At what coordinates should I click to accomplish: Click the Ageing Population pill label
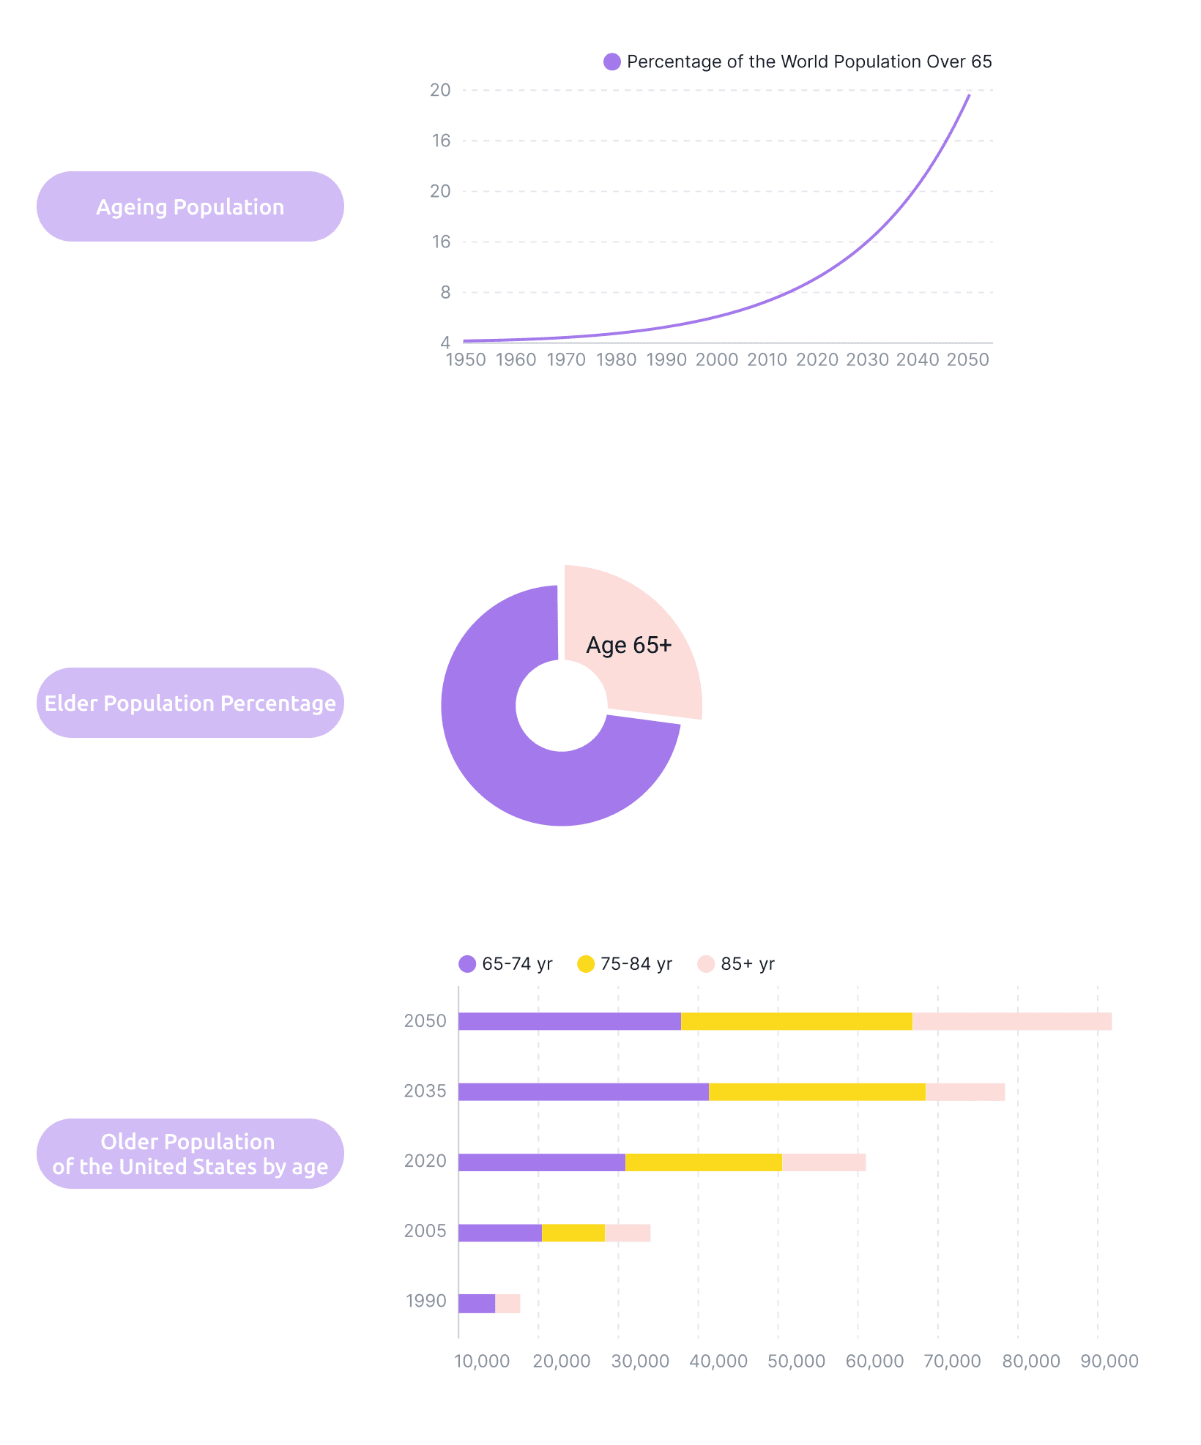point(190,207)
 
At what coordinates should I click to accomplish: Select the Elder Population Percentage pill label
point(190,703)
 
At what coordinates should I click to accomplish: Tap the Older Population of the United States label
point(190,1154)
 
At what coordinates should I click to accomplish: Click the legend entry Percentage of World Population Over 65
point(798,62)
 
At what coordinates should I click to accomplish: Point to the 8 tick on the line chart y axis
point(445,293)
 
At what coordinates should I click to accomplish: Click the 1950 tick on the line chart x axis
point(466,360)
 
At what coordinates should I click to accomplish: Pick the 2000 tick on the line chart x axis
point(717,360)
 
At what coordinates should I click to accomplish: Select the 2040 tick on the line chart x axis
point(918,360)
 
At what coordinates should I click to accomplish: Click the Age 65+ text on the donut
point(629,645)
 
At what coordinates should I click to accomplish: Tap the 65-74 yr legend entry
point(506,964)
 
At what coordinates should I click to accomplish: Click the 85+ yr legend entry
point(737,964)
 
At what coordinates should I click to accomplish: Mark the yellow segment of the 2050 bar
point(797,1021)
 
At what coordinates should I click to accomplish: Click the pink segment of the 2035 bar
point(965,1092)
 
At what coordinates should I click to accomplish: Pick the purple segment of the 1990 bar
point(477,1304)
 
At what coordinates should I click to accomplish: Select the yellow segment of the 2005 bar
point(573,1233)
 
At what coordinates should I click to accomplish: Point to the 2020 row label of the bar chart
point(425,1161)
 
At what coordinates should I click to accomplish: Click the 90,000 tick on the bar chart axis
point(1109,1362)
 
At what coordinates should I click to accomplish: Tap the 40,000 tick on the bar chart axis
point(718,1362)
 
